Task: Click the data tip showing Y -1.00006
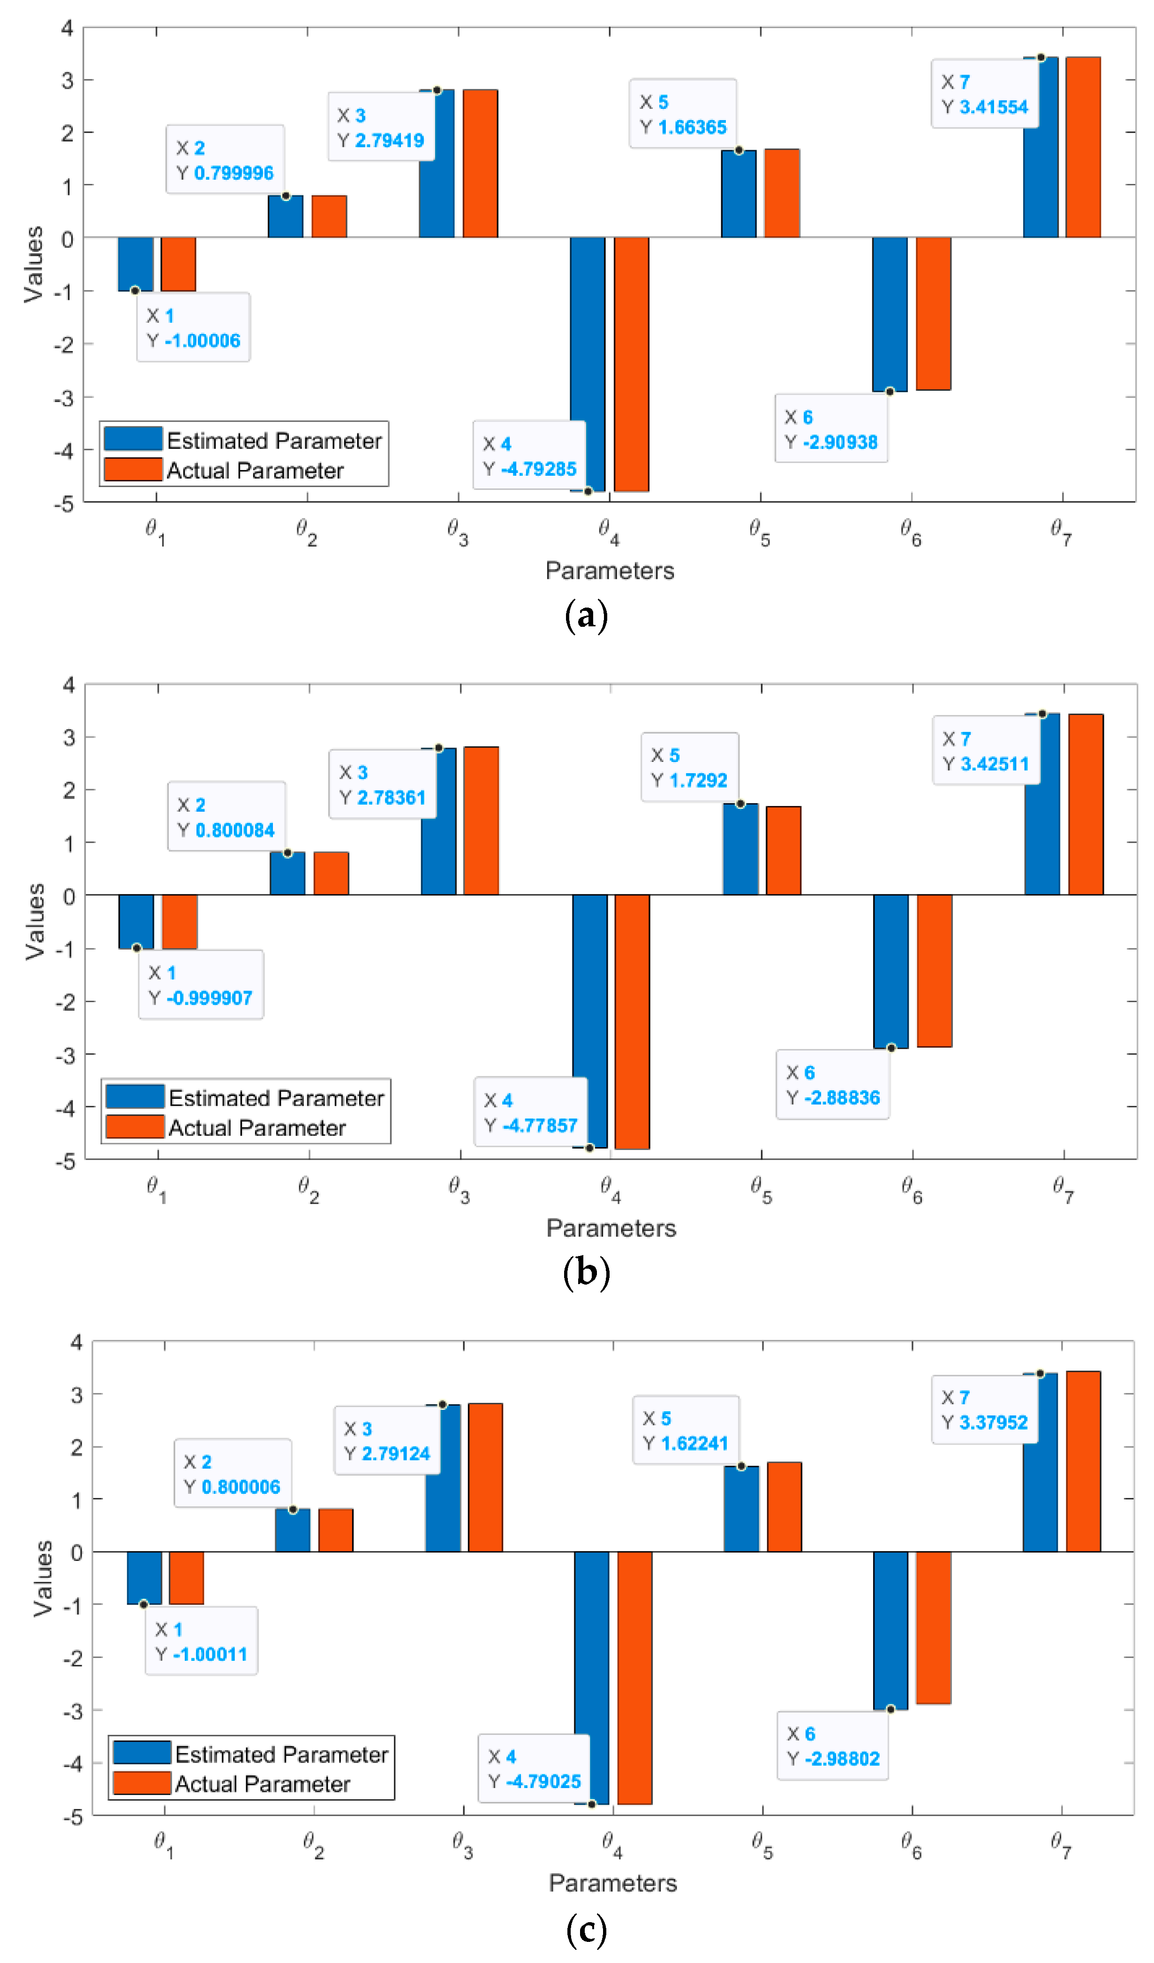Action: (x=193, y=327)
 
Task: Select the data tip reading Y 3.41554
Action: (x=985, y=93)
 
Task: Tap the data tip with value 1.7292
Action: (x=690, y=767)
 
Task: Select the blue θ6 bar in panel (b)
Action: (x=891, y=971)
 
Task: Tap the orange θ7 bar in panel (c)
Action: (x=1083, y=1461)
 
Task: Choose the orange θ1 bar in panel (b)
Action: (x=180, y=921)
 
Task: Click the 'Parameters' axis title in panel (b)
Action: (x=611, y=1228)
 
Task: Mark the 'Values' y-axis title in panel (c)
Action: (x=42, y=1578)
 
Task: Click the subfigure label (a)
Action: (x=586, y=616)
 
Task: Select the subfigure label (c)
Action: (x=586, y=1930)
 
